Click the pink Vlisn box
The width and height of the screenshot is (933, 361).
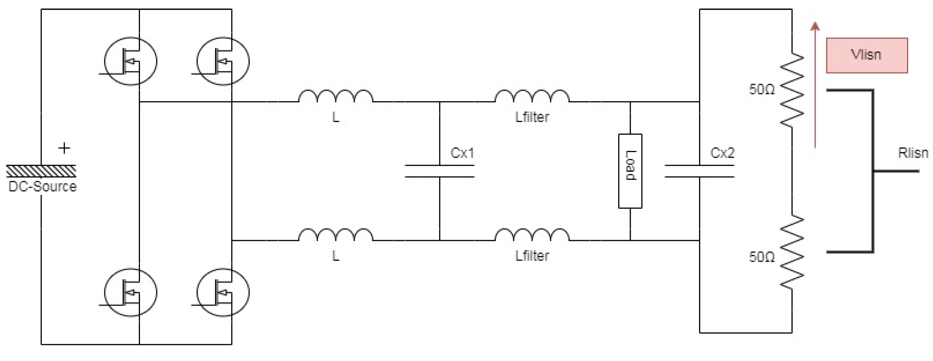click(x=866, y=55)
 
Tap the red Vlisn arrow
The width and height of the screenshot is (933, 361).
click(x=815, y=86)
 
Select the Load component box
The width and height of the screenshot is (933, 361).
click(x=630, y=171)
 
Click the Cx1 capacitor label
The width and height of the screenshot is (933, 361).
click(x=462, y=153)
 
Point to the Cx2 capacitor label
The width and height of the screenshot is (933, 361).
click(x=722, y=153)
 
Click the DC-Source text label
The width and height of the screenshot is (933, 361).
click(x=42, y=186)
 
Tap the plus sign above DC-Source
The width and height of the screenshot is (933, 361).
click(x=64, y=148)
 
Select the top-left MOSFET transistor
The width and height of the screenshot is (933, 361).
click(x=130, y=61)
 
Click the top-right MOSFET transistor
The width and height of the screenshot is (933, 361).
click(x=223, y=61)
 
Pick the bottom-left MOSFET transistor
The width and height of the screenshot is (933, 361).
click(x=130, y=293)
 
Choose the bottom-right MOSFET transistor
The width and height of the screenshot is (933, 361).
click(x=223, y=293)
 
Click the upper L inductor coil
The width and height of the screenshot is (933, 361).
click(x=336, y=96)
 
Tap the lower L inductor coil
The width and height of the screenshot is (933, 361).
click(x=336, y=235)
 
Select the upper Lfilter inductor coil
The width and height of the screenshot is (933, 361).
click(x=532, y=96)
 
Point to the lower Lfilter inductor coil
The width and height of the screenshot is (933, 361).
click(x=532, y=235)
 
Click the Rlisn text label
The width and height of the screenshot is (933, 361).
click(x=913, y=153)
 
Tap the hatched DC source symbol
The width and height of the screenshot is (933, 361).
click(x=41, y=171)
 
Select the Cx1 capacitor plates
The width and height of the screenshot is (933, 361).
click(x=440, y=171)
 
